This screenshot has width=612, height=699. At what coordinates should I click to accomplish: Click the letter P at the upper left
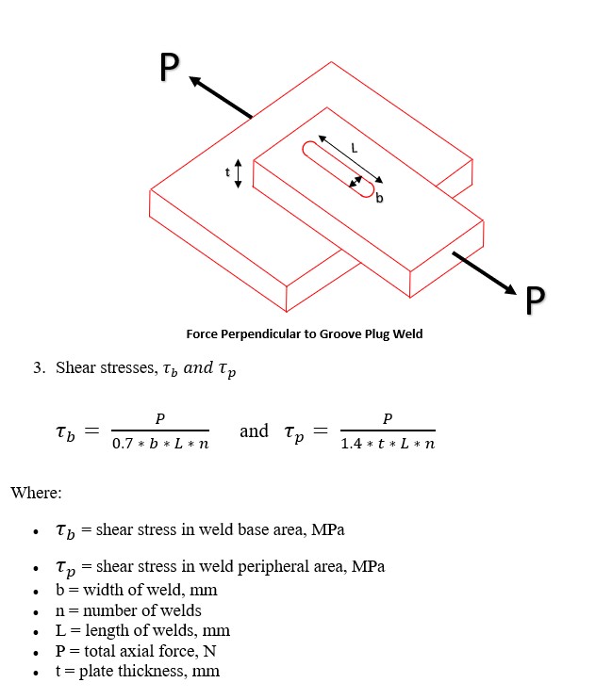[169, 67]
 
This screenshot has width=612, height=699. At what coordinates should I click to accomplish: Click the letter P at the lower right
[535, 299]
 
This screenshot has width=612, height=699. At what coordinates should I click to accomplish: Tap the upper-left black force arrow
[222, 98]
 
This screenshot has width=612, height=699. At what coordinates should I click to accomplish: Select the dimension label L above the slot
[354, 147]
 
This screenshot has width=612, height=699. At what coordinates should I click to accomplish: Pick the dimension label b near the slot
[379, 198]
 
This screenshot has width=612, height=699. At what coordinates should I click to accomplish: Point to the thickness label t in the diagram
[226, 172]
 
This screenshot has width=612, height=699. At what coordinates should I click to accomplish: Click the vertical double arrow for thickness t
[239, 172]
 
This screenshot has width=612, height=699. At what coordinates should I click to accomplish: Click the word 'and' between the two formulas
[254, 431]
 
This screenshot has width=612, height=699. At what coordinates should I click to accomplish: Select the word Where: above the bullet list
[35, 493]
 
